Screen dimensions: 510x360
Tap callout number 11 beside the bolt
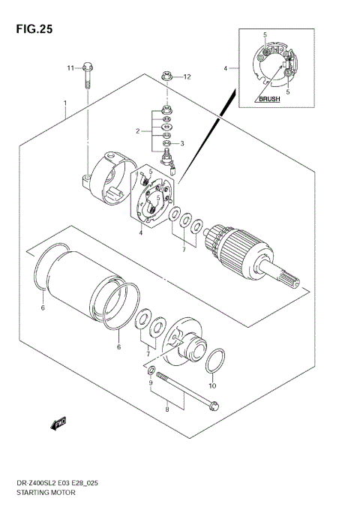70,68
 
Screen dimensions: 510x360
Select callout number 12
187,76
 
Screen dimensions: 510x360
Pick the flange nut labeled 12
166,76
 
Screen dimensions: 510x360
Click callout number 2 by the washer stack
138,130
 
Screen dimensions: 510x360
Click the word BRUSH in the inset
268,98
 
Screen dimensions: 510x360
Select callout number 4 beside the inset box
224,68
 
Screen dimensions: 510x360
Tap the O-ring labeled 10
213,360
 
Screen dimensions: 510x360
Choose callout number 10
211,386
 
